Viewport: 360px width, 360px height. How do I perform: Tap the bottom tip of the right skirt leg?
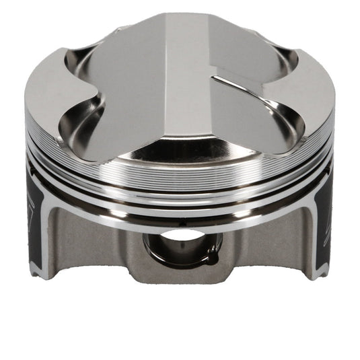point(318,275)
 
